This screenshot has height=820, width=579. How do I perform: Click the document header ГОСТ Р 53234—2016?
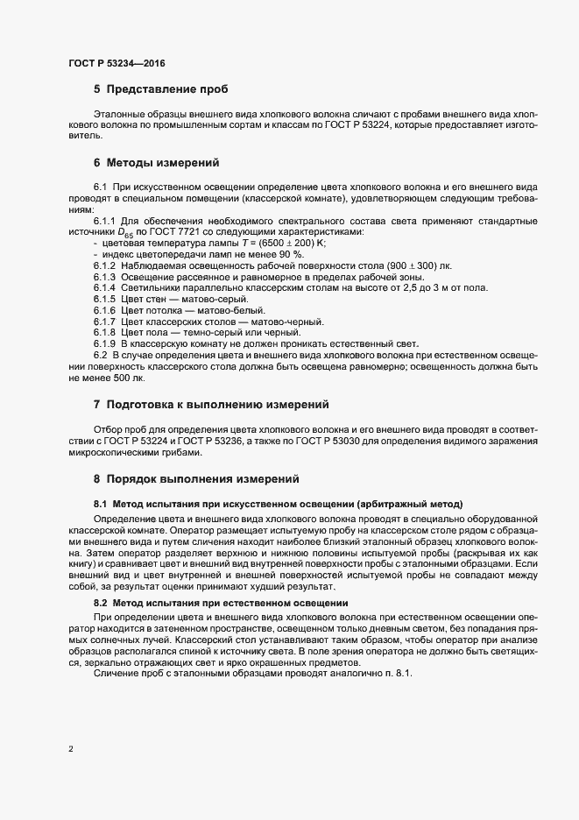[x=117, y=64]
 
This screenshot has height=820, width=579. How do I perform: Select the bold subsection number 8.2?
[x=101, y=604]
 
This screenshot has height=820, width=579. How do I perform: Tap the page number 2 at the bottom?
[x=71, y=749]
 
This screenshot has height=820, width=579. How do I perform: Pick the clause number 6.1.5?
[x=104, y=300]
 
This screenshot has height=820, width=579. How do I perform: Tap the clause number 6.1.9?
[x=104, y=343]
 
